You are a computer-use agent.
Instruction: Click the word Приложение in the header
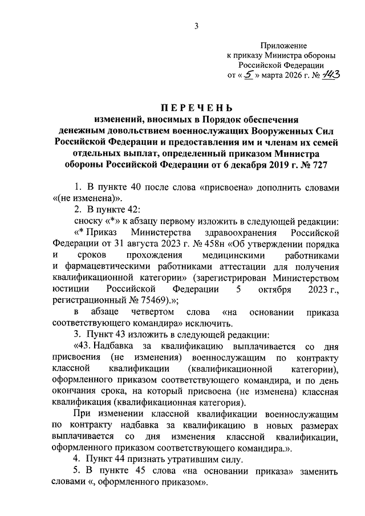(x=283, y=45)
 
